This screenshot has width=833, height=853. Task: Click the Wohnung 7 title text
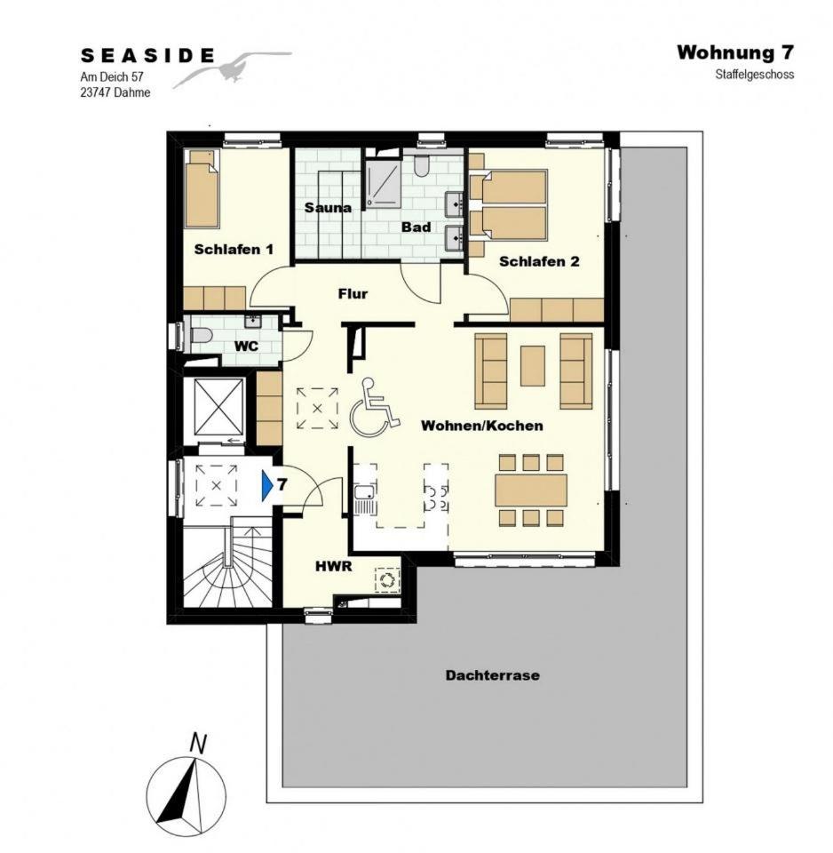735,52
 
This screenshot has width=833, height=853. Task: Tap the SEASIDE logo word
147,55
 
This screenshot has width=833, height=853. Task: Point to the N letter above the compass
198,744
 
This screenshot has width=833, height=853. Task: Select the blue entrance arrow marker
267,485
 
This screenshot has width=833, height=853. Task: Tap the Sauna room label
328,207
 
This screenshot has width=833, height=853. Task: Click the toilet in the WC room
199,335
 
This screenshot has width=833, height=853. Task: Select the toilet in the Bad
422,165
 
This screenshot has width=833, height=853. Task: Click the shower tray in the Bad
383,183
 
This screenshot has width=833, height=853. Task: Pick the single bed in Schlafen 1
202,188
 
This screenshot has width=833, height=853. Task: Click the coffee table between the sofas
533,366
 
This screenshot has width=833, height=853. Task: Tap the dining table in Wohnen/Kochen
531,490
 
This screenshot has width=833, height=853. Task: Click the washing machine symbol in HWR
387,578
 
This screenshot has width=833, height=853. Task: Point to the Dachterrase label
493,675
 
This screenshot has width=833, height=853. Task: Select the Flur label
353,294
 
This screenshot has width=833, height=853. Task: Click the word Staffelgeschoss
755,74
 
